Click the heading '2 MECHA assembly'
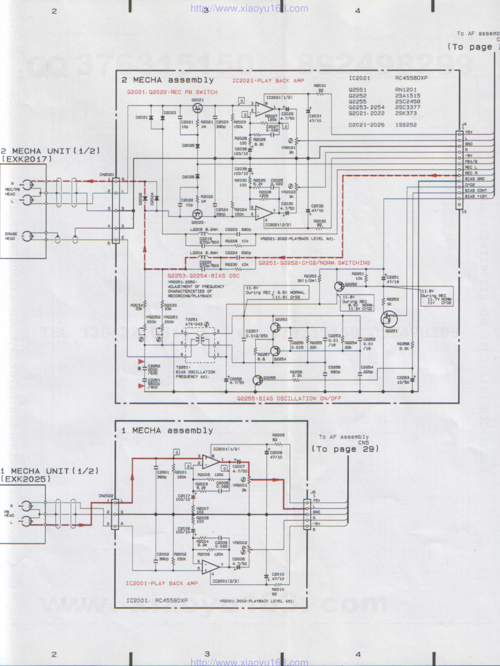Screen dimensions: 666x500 (167, 80)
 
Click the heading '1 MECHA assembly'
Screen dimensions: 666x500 (167, 430)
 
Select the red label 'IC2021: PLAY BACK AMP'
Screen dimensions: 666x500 (268, 80)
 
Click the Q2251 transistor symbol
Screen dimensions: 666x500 (389, 319)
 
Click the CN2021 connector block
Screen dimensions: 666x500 (116, 210)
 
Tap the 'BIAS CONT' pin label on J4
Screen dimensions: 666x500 (475, 191)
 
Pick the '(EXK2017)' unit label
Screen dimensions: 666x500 (26, 159)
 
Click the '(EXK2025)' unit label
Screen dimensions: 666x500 (26, 479)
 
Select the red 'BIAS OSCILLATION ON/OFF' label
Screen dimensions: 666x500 (289, 398)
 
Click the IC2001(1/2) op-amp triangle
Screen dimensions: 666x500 (210, 460)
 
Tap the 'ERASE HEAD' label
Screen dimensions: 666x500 (11, 236)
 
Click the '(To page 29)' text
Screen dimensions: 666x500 (345, 449)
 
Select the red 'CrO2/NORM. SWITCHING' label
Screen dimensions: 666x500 (314, 263)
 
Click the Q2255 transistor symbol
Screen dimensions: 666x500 (258, 380)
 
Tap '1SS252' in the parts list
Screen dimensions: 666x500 (406, 125)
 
